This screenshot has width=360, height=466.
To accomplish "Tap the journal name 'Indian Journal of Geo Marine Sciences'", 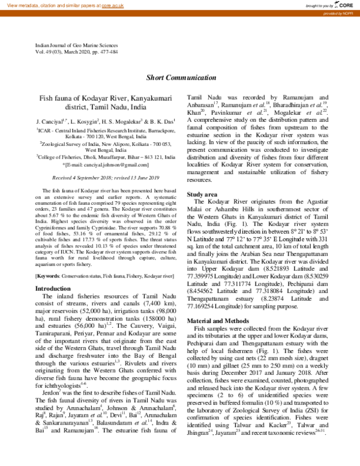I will (x=76, y=46).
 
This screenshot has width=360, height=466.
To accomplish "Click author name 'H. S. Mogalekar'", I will (x=128, y=122).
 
